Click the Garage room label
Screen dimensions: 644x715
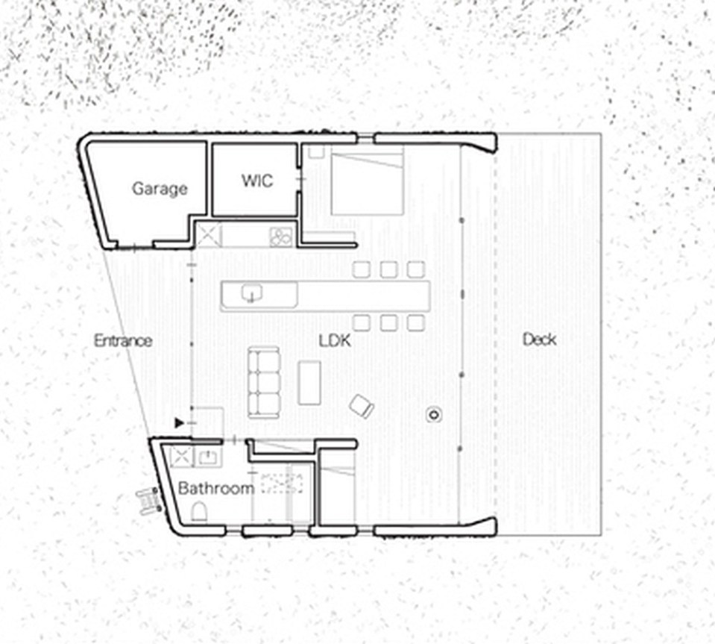click(159, 188)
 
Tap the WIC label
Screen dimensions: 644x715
click(257, 181)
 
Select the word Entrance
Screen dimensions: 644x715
click(123, 340)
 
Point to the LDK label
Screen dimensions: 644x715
click(335, 340)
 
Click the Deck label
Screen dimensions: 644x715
click(539, 340)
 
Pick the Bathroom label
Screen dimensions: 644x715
click(216, 489)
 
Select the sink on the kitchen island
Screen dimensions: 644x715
click(252, 293)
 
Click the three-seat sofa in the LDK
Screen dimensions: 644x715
click(263, 381)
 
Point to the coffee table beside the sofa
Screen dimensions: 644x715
click(309, 382)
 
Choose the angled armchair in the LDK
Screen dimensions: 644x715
click(362, 406)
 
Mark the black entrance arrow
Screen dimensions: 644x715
click(179, 423)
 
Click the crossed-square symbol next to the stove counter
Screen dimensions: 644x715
click(209, 236)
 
